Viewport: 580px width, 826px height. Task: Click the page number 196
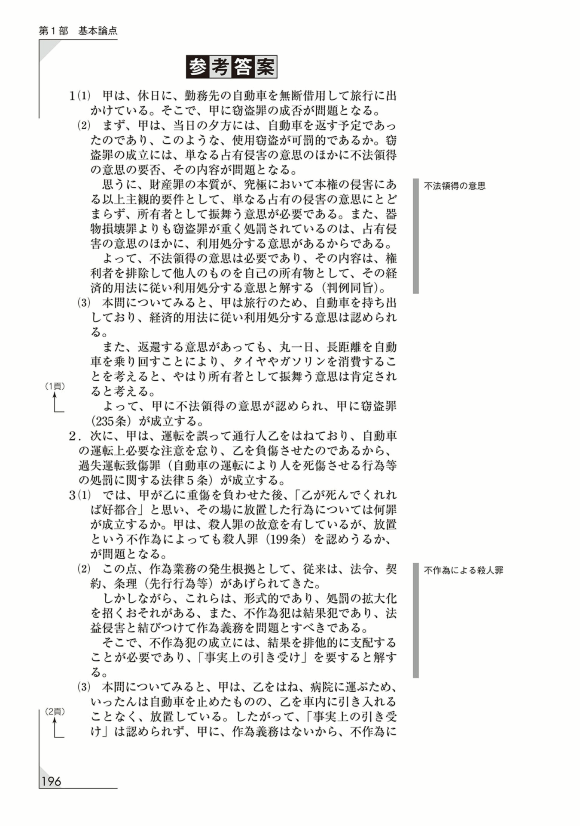coord(51,781)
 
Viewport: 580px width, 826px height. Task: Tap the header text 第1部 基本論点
coord(78,31)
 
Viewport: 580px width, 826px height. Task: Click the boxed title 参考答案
coord(231,67)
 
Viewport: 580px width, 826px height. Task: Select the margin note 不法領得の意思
coord(455,186)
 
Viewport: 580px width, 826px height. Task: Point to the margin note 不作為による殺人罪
coord(463,570)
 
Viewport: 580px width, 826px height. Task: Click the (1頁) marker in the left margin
coord(55,386)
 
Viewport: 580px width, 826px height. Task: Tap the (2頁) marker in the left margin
coord(55,712)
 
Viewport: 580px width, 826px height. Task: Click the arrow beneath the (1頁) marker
coord(56,403)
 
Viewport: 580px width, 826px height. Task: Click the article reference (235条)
coord(111,421)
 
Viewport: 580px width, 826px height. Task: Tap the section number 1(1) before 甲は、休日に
coord(80,96)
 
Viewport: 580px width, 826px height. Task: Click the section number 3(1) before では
coord(80,495)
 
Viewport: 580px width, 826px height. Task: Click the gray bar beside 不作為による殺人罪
coord(415,620)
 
